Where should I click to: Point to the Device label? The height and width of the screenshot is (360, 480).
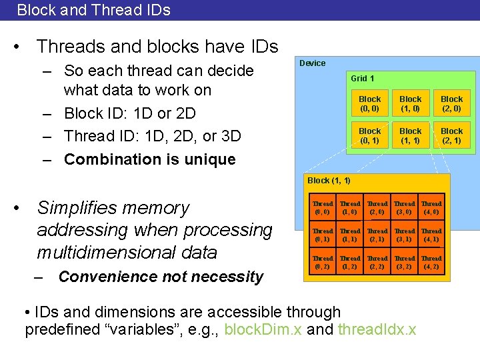312,63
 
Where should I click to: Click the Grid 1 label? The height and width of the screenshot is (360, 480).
363,79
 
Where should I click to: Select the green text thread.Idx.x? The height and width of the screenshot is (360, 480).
377,329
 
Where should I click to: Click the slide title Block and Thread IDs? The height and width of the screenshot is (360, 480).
93,10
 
